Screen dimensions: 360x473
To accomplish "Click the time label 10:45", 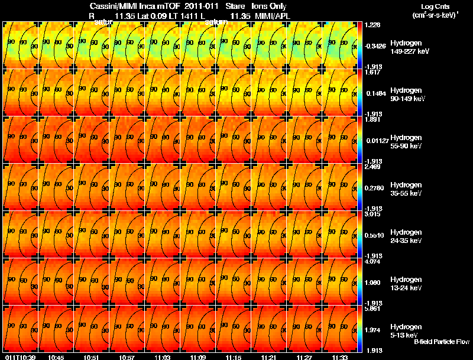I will (56, 357).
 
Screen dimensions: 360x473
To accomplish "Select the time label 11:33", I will (340, 357).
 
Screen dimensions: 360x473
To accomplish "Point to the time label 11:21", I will (269, 357).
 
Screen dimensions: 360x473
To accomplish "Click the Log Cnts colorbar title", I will (434, 10).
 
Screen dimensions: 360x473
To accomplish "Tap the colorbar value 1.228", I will (371, 25).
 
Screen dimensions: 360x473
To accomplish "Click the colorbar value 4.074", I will (371, 261).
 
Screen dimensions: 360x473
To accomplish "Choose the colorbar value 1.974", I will (371, 330).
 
